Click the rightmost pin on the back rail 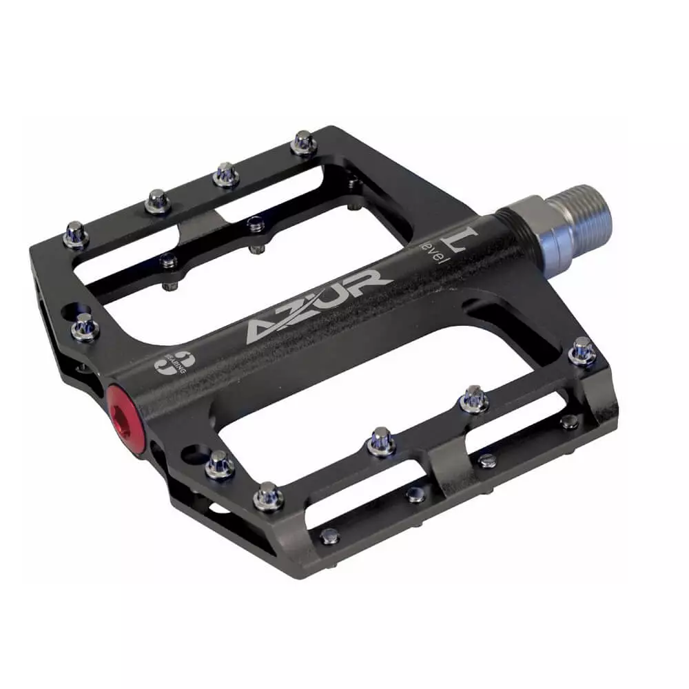click(303, 143)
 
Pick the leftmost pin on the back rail click(75, 235)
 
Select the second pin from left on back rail click(158, 200)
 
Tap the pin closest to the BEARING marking click(86, 325)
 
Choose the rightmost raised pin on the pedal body click(582, 351)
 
